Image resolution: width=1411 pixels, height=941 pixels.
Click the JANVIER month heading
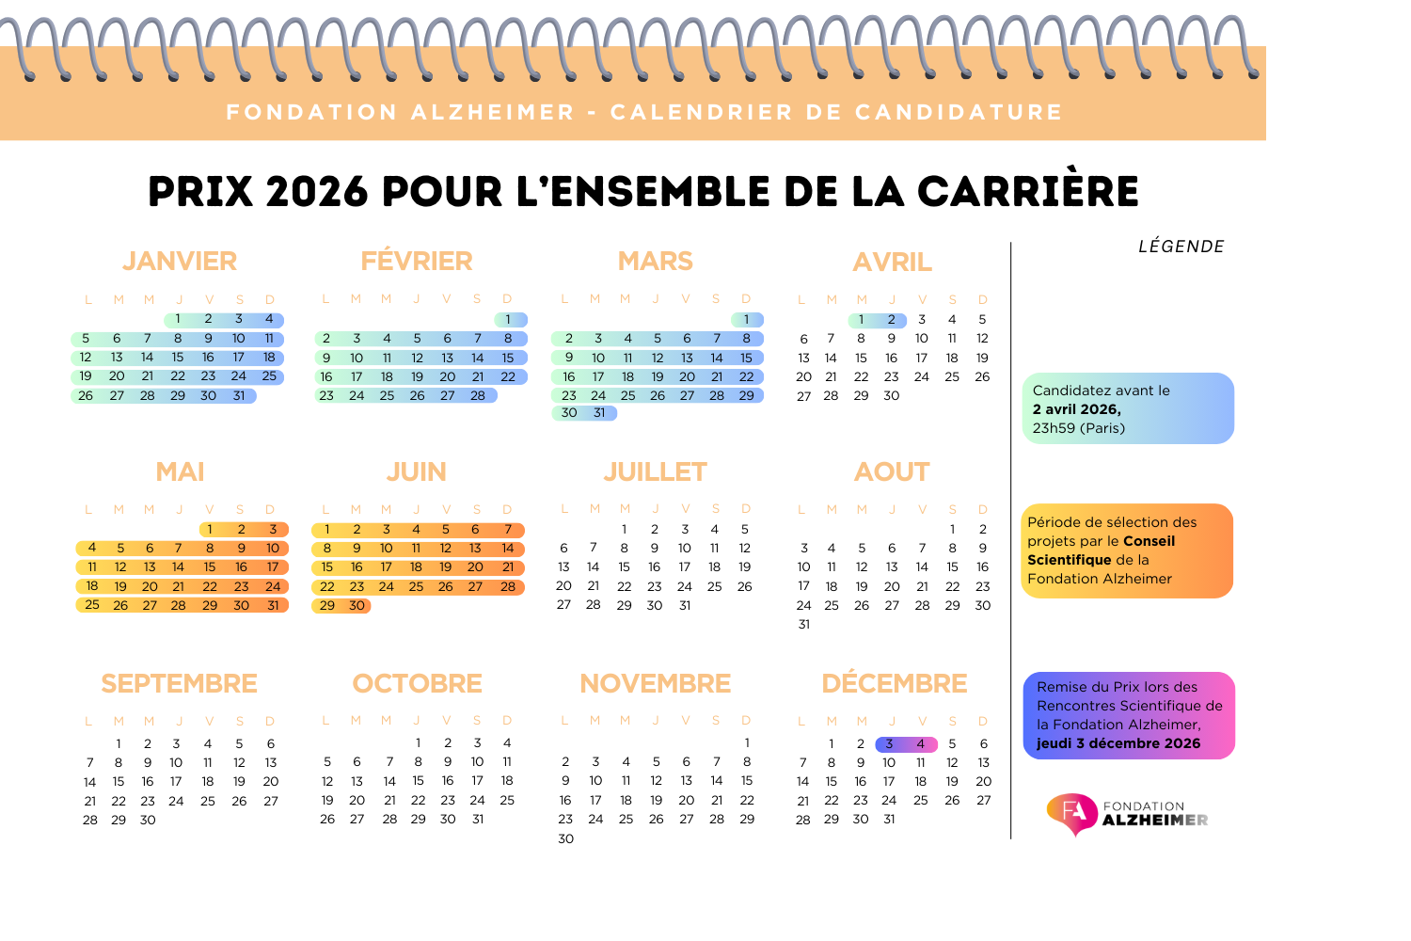(180, 261)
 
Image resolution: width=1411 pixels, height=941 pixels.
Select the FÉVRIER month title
(417, 261)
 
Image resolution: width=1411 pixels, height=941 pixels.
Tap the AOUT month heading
(892, 471)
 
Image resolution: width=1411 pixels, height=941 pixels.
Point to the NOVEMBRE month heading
(655, 683)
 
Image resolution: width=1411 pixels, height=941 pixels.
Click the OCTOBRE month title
(417, 683)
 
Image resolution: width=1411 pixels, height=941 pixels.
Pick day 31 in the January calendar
(239, 396)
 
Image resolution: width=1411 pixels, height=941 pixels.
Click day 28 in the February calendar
(478, 396)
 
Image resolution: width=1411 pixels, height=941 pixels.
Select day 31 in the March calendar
(599, 413)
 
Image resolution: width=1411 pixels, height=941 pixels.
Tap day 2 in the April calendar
(892, 320)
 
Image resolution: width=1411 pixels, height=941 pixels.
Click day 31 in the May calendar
(273, 606)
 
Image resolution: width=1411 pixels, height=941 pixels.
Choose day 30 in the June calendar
(357, 606)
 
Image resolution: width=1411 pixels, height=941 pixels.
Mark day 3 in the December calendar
(889, 744)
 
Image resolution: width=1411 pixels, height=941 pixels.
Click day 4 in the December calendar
(920, 744)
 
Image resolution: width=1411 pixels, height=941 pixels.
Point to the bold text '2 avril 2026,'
(1076, 409)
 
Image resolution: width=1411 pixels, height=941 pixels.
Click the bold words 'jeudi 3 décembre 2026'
(1118, 743)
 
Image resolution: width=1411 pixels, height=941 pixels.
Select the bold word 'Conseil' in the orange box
(1149, 541)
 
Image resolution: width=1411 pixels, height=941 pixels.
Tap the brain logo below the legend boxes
(1072, 814)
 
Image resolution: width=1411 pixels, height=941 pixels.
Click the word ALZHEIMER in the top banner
(493, 113)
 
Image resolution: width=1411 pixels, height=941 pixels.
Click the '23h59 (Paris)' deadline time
(1078, 428)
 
